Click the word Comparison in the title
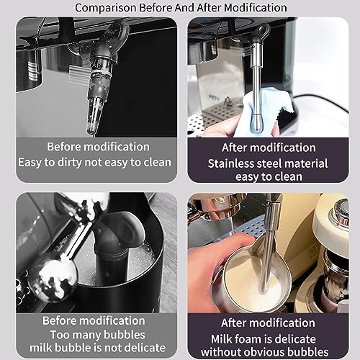coord(106,8)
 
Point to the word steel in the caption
coord(270,163)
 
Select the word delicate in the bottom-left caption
coord(145,348)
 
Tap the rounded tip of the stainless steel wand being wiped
coord(256,124)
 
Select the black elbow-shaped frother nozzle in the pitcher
coord(117,243)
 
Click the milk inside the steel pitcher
coord(252,281)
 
